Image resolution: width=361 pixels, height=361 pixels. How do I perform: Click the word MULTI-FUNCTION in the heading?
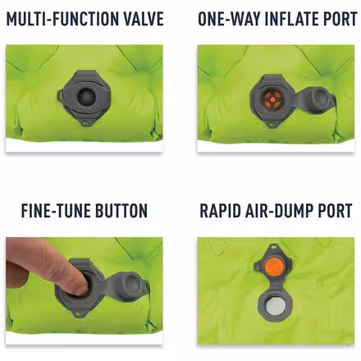tap(57, 19)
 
